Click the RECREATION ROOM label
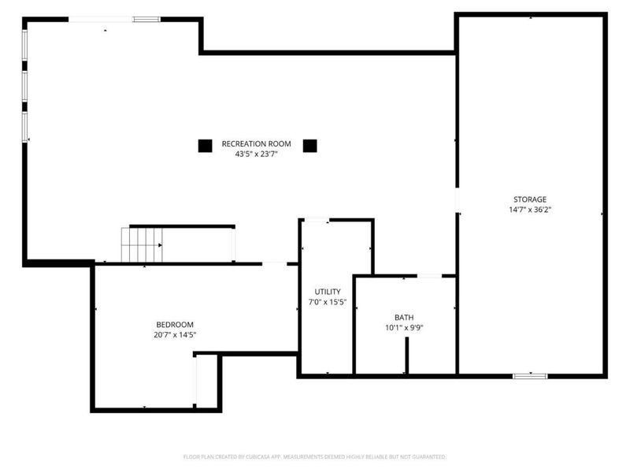(256, 143)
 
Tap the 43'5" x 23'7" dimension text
(256, 155)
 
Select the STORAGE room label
(529, 199)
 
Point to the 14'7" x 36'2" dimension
(529, 210)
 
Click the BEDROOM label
(174, 324)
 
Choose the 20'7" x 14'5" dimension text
(174, 335)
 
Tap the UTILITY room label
(327, 292)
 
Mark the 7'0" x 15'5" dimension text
(327, 303)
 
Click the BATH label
(404, 317)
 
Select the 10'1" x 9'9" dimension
(404, 328)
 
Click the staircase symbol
(141, 244)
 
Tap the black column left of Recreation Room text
(205, 146)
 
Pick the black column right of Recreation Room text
(310, 146)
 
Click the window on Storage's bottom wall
(530, 376)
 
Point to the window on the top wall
(146, 19)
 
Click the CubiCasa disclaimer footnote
(315, 456)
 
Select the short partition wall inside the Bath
(406, 356)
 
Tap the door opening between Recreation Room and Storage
(456, 199)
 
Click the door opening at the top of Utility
(316, 220)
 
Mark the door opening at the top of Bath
(429, 276)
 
